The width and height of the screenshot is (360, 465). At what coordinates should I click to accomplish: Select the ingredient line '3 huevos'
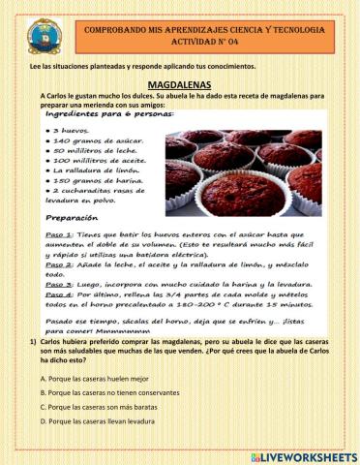71,129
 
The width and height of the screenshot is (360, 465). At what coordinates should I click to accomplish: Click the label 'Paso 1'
60,235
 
